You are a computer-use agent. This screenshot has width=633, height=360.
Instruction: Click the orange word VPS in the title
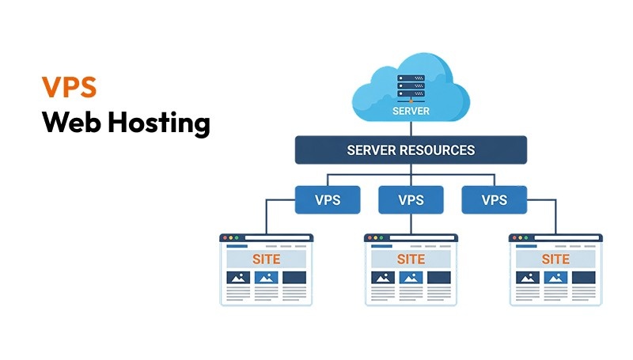tap(69, 87)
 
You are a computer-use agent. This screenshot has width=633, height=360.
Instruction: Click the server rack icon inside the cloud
tap(411, 87)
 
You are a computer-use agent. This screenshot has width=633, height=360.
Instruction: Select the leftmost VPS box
tap(328, 200)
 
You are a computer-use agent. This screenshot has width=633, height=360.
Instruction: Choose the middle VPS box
tap(410, 200)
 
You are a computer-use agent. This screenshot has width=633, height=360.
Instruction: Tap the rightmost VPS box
tap(494, 200)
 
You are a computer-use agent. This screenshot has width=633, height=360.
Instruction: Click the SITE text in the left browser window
tap(266, 260)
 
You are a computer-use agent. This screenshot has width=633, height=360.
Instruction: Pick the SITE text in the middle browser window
tap(411, 260)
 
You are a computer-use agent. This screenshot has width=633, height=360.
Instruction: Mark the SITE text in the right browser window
tap(555, 260)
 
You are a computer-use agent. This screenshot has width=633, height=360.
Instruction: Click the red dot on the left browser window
tap(225, 238)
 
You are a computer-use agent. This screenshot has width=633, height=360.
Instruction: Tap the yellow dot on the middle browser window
tap(376, 238)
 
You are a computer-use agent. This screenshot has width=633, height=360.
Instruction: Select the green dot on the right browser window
tap(527, 238)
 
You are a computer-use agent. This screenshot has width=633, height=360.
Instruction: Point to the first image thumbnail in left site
tap(238, 278)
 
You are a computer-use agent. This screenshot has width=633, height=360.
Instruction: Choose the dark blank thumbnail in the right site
tap(582, 278)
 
